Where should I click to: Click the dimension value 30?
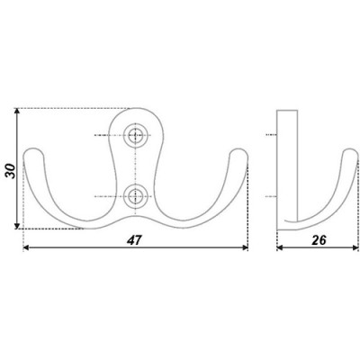(11, 171)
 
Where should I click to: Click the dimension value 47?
(134, 240)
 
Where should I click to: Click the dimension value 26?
(319, 240)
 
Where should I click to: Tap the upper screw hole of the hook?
(136, 135)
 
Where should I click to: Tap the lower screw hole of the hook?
(136, 196)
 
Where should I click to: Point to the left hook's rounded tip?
(33, 151)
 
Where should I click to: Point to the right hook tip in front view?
(238, 151)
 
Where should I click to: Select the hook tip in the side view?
(351, 151)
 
